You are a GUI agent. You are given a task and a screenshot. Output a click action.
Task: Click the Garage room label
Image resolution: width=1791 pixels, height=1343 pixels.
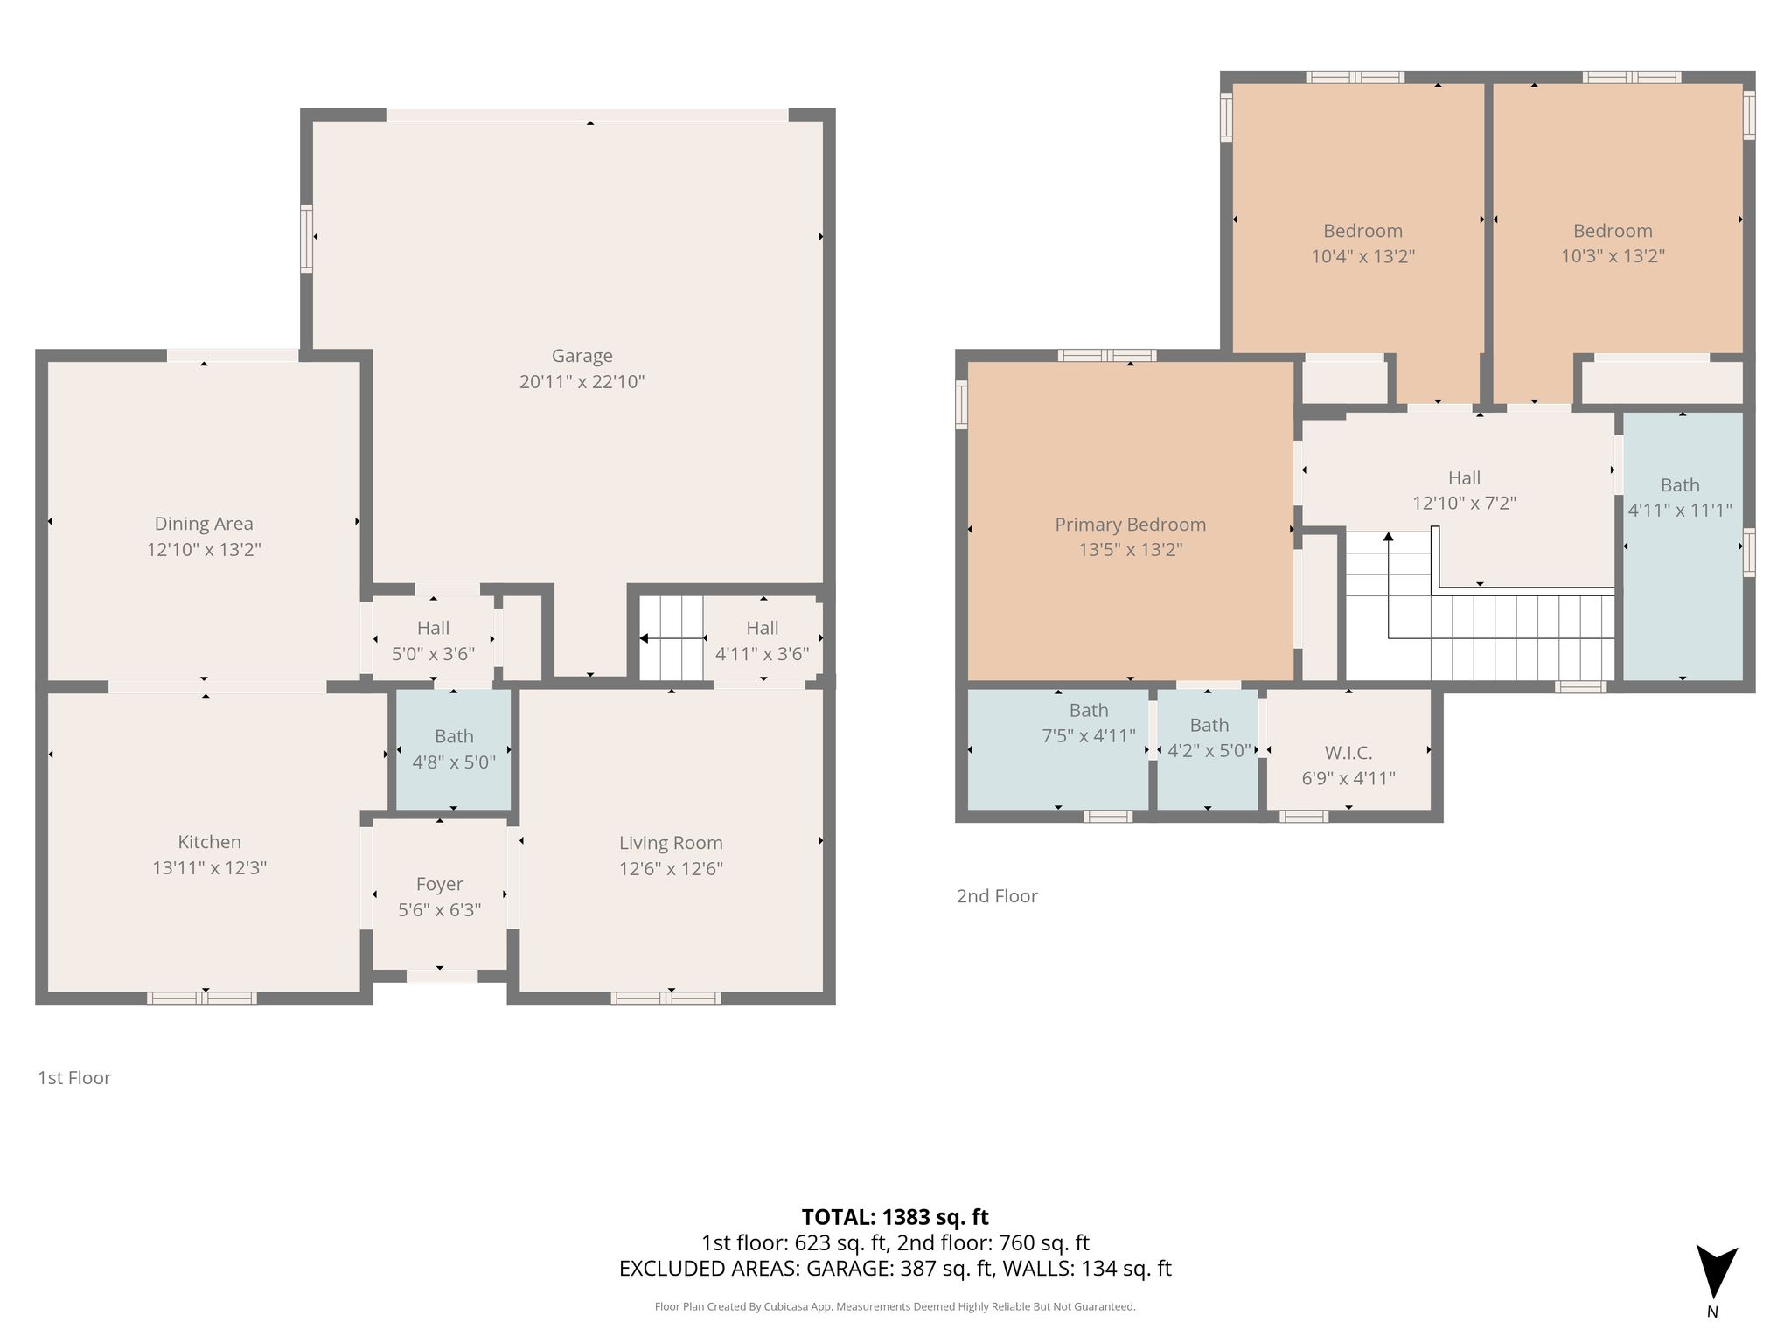[x=582, y=356]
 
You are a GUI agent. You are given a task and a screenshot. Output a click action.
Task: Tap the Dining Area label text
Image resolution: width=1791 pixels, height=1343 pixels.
[x=204, y=524]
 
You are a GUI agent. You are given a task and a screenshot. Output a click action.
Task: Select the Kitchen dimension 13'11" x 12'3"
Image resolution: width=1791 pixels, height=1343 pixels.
[x=209, y=868]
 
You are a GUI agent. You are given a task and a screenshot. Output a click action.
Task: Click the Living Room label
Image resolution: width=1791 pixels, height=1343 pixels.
[x=671, y=843]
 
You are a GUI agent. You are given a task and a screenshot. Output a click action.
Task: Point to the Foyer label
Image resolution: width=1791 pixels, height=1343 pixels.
[x=439, y=885]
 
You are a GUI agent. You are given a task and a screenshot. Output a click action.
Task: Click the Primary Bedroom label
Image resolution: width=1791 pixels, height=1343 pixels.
[x=1130, y=525]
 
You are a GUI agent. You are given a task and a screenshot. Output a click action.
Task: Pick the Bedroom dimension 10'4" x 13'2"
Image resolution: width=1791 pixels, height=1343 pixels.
[x=1362, y=257]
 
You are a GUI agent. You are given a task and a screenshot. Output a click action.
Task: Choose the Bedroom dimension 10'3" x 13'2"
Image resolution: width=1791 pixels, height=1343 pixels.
[x=1613, y=257]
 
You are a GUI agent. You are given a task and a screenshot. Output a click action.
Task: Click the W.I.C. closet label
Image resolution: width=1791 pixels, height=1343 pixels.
[x=1348, y=753]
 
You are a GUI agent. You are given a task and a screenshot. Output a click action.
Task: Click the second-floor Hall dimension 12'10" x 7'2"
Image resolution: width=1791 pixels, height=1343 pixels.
[x=1464, y=504]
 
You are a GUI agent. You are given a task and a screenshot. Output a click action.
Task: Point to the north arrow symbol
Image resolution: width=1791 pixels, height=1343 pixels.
[x=1717, y=1271]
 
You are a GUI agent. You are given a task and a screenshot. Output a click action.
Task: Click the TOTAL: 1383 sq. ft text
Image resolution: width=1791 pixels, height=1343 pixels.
[x=895, y=1217]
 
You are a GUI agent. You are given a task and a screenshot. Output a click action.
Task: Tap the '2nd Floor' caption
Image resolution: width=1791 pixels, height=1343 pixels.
[x=997, y=896]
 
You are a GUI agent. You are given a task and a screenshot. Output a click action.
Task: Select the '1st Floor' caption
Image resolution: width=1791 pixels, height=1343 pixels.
[x=74, y=1078]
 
